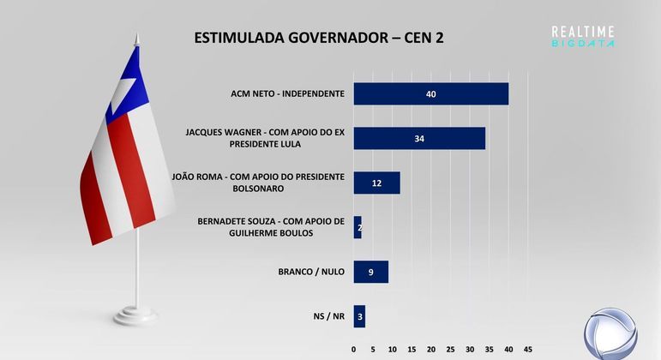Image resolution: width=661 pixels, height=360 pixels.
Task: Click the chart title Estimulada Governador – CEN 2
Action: coord(319,38)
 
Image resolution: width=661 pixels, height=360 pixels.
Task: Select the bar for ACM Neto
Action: coord(430,93)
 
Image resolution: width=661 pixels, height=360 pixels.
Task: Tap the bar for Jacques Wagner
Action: coord(419,138)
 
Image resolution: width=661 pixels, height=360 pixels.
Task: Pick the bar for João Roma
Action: coord(376,183)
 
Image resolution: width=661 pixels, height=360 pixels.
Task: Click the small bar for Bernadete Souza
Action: coord(358,227)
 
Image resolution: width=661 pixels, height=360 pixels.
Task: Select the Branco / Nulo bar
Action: coord(370,272)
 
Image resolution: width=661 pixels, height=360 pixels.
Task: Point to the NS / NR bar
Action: coord(359,316)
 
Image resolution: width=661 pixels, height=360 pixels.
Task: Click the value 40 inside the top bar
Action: coord(431,93)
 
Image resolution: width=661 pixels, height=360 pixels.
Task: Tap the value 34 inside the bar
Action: coord(419,138)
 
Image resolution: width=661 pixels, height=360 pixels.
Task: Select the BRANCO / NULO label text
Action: coord(311,272)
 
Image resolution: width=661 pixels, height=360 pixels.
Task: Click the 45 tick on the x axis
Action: coord(528,349)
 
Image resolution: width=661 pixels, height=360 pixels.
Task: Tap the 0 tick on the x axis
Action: coord(354,349)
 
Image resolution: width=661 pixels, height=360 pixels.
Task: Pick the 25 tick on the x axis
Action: coord(451,349)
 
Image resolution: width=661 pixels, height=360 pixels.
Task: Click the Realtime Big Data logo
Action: coord(583,36)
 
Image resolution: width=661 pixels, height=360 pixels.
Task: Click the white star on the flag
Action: coord(126,91)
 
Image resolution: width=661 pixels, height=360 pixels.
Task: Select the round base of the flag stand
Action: coord(135,315)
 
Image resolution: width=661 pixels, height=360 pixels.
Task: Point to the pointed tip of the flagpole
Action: coord(135,37)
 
